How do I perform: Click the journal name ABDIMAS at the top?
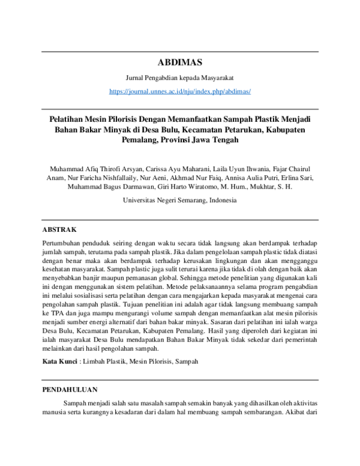click(x=179, y=62)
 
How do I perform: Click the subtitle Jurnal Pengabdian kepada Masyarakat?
click(x=179, y=78)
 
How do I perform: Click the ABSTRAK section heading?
click(x=59, y=229)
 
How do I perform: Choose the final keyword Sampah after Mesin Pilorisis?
click(x=185, y=362)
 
